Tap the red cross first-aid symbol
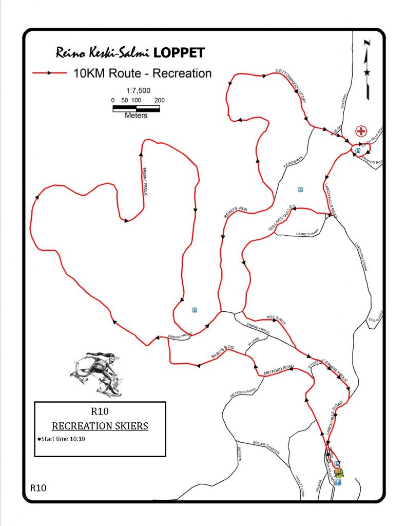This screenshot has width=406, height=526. pos(361,131)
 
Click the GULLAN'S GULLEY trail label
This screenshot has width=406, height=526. pos(280,218)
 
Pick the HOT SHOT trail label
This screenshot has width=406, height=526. pos(276,320)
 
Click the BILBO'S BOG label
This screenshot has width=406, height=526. pos(222,351)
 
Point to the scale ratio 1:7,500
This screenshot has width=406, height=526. pos(138,90)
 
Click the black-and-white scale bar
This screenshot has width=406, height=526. pos(136,108)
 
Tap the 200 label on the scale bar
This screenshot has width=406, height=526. pos(159,100)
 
